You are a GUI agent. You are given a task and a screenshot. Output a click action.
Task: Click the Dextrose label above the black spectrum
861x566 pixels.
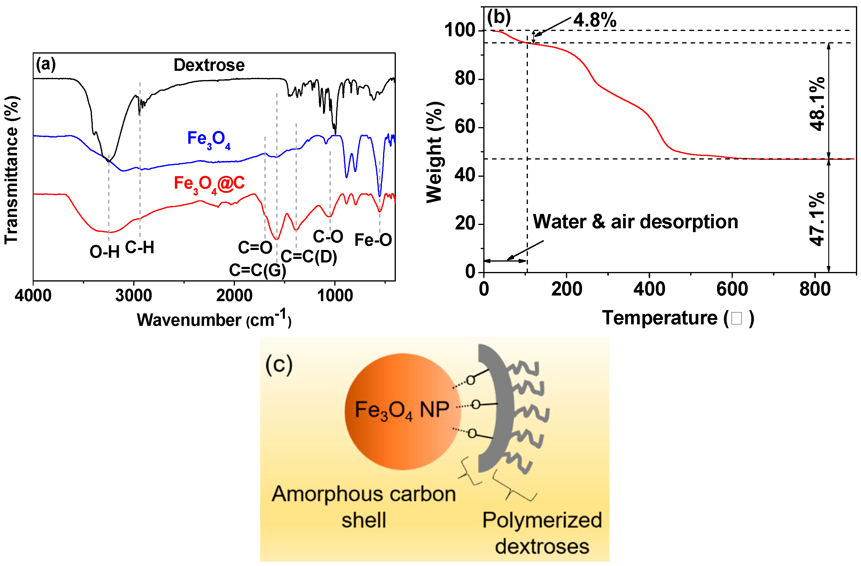tap(209, 65)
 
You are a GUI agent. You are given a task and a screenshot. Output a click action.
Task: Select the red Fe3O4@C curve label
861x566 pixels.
tap(209, 184)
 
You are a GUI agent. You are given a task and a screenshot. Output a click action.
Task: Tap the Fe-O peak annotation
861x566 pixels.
tap(373, 240)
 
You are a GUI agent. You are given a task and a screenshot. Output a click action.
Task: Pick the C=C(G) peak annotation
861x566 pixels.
tap(257, 270)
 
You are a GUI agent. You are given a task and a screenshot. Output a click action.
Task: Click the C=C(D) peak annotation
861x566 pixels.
tap(309, 257)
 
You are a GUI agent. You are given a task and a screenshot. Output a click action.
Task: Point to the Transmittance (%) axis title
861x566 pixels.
tap(12, 170)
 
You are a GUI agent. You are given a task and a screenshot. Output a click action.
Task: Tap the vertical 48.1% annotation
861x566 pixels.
tap(817, 104)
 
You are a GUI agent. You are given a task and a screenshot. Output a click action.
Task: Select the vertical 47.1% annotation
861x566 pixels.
tap(817, 219)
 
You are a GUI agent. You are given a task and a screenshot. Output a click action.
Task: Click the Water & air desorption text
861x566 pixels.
tap(635, 221)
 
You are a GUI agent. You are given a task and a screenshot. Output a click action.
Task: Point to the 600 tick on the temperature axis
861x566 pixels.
tap(732, 290)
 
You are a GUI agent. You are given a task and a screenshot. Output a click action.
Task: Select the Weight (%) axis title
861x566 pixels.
tap(435, 152)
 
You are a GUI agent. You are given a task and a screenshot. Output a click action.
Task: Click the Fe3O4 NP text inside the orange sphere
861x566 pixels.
tap(402, 410)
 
